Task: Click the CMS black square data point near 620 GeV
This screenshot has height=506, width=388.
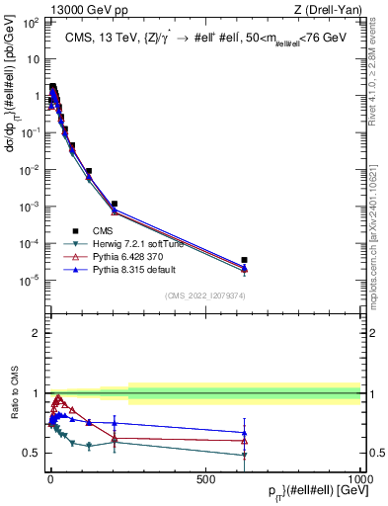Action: [x=244, y=260]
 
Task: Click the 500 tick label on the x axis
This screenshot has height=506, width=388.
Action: [x=205, y=478]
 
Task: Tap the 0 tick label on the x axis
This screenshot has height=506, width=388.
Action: [x=49, y=478]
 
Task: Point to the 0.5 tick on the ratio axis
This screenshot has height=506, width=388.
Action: [x=32, y=453]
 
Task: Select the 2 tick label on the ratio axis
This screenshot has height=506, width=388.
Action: [x=37, y=333]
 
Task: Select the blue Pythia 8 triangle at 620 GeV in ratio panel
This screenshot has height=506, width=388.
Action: [x=244, y=432]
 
